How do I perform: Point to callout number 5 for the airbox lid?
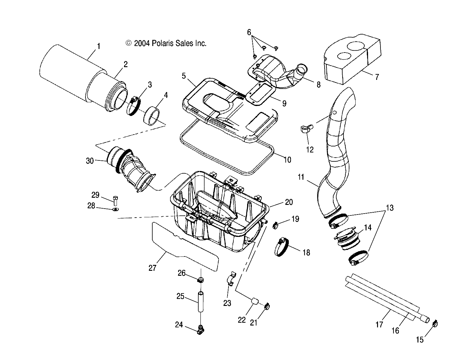pos(184,76)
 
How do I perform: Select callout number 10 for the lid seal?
pos(288,159)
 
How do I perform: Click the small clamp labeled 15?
pos(435,324)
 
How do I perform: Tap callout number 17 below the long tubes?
pos(379,325)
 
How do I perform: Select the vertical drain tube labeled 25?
pos(201,301)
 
